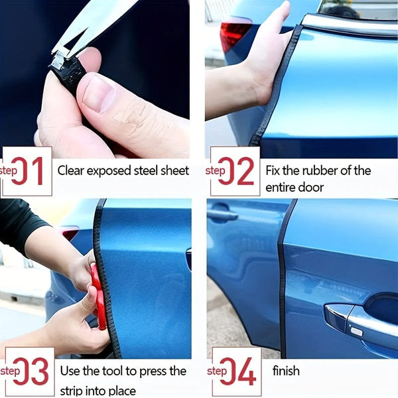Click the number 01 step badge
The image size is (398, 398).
(27, 171)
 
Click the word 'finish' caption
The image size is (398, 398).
(286, 371)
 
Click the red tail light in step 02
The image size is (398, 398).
(235, 33)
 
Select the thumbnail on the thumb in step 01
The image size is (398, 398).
(99, 93)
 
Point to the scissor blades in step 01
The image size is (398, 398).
(93, 23)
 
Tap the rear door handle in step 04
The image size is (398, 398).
(222, 215)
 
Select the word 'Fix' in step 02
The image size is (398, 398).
(274, 170)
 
